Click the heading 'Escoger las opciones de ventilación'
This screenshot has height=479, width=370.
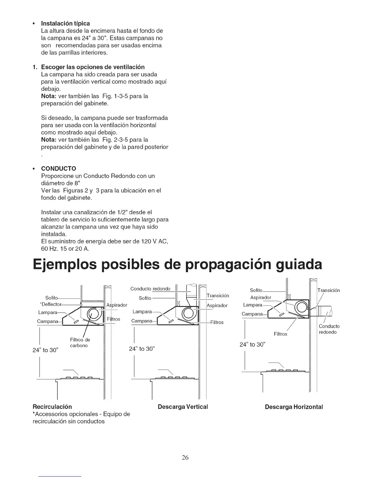pyautogui.click(x=93, y=67)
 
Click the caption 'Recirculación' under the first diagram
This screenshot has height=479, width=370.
pyautogui.click(x=52, y=406)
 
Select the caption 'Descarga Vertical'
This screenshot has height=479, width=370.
pyautogui.click(x=183, y=407)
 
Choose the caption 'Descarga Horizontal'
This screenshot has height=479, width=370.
pyautogui.click(x=294, y=407)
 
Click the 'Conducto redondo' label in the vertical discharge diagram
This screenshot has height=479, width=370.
pyautogui.click(x=150, y=289)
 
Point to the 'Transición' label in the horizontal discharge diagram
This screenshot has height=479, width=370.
pyautogui.click(x=329, y=290)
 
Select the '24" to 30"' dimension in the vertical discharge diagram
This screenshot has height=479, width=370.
pyautogui.click(x=142, y=349)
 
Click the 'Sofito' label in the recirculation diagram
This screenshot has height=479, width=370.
pyautogui.click(x=51, y=298)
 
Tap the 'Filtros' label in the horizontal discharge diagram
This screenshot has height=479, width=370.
pyautogui.click(x=280, y=334)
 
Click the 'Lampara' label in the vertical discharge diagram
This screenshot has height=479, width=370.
pyautogui.click(x=142, y=312)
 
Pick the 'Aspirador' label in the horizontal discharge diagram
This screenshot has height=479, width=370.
pyautogui.click(x=261, y=298)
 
